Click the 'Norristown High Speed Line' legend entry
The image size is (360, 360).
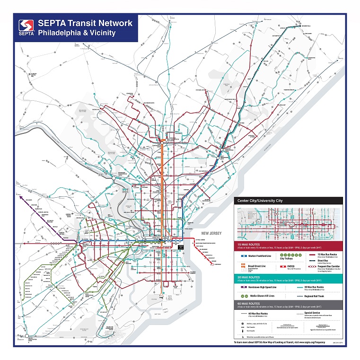pos(262,287)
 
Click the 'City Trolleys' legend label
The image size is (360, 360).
pos(287,259)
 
